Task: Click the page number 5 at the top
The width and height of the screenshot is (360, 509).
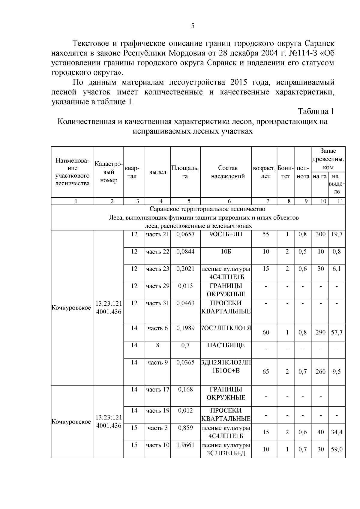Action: [x=193, y=26]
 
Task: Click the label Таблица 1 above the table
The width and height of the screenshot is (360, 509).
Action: [x=316, y=111]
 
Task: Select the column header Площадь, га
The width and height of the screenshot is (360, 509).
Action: [x=185, y=172]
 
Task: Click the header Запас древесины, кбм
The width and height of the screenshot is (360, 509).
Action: [x=328, y=159]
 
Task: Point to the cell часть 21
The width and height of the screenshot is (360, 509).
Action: [x=158, y=235]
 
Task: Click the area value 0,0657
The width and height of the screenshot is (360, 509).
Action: [x=185, y=235]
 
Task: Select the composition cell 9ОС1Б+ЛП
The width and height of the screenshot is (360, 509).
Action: [x=226, y=235]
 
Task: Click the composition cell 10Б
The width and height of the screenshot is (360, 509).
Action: [x=226, y=252]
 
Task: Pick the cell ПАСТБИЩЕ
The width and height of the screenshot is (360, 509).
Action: [x=226, y=345]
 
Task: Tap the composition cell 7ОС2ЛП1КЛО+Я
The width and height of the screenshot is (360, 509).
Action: [x=226, y=328]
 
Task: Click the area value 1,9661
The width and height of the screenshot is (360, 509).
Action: [x=185, y=445]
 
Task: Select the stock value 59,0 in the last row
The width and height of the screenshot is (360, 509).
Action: [x=337, y=449]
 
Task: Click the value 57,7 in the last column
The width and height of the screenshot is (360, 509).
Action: [x=337, y=332]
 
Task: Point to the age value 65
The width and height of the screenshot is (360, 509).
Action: [x=266, y=372]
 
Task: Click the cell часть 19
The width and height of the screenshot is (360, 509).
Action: [x=158, y=411]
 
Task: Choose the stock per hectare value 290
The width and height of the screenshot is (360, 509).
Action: [x=320, y=332]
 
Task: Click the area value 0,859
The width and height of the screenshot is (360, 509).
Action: [x=185, y=428]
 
